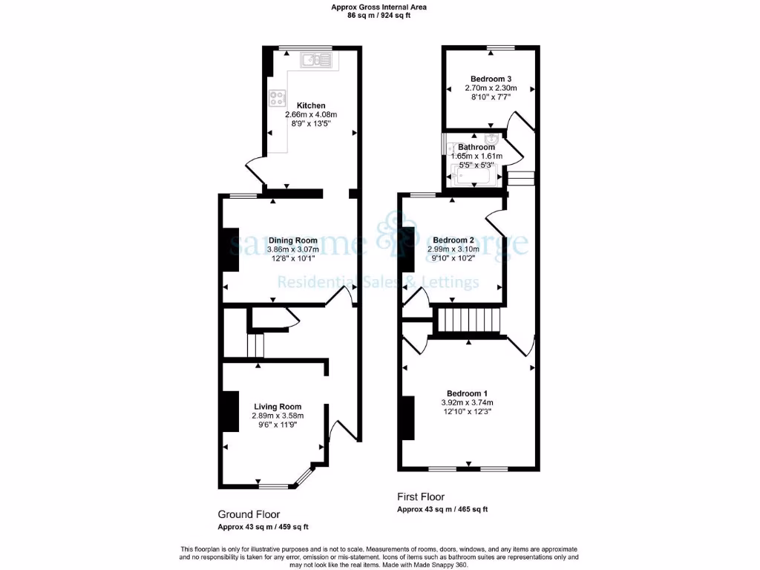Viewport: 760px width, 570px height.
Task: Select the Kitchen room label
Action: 311,105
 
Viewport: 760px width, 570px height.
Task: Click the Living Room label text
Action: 278,407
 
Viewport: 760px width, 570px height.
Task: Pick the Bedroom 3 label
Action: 491,79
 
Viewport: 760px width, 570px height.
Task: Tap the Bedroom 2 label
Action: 453,240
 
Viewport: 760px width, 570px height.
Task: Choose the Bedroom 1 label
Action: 467,393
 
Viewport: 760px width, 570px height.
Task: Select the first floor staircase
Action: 468,321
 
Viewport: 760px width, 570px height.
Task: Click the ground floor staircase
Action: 255,346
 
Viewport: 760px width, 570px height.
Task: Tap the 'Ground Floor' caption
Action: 249,514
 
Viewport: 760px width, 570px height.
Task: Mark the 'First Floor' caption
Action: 421,497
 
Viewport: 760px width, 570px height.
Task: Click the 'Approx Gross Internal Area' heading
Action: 379,7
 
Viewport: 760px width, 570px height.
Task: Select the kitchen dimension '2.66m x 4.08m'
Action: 311,115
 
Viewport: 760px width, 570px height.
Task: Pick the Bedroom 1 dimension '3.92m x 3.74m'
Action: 467,403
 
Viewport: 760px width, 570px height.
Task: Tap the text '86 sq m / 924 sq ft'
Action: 379,16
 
